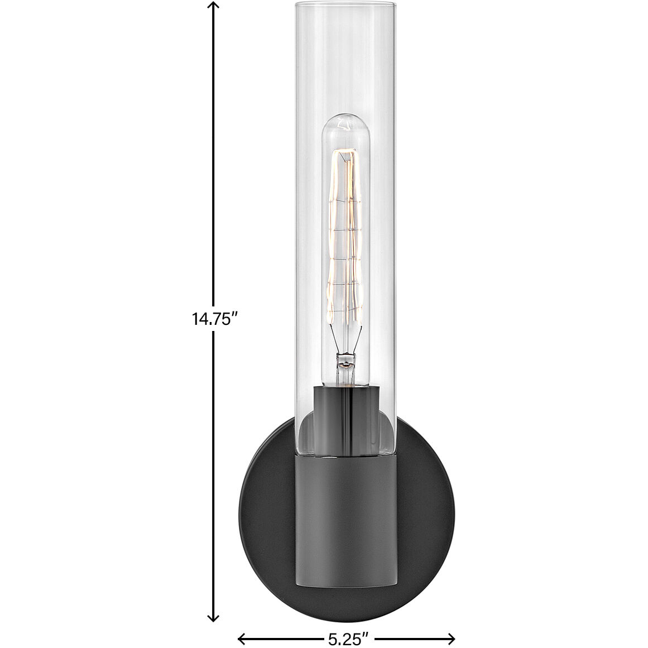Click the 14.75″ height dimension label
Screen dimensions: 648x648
[215, 319]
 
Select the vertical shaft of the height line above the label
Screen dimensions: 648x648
[213, 156]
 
